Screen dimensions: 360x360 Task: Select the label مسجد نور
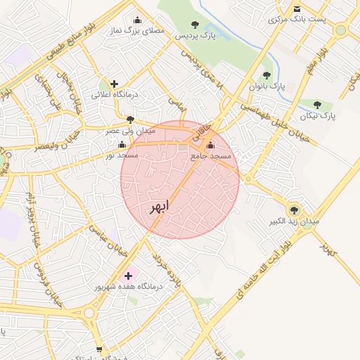pos(122,154)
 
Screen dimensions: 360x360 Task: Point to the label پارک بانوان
pos(268,86)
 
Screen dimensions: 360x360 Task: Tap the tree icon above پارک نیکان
pos(317,104)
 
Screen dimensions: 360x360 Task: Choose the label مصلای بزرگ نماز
pos(137,31)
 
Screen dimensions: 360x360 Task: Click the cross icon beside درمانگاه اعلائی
pos(114,84)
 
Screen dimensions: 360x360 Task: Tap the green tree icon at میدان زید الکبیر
pos(294,210)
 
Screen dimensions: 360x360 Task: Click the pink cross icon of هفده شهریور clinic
pos(128,275)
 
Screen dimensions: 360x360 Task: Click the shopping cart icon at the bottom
pos(99,349)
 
